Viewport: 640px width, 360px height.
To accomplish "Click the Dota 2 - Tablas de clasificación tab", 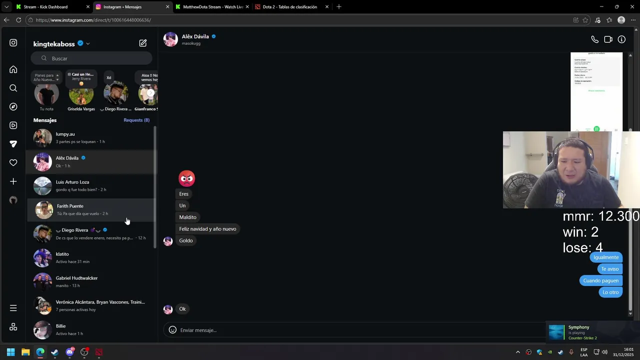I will point(289,7).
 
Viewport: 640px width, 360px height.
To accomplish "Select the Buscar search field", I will point(95,58).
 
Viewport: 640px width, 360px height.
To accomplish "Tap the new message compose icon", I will point(143,43).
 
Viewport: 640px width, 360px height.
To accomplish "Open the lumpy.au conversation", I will point(90,137).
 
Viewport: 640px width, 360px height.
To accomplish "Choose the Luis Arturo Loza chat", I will point(90,185).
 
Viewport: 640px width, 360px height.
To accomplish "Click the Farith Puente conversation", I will point(90,209).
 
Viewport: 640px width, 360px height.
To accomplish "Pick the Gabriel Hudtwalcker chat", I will point(90,281).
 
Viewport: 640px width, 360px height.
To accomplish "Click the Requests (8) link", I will point(136,120).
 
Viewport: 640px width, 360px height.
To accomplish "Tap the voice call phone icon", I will point(594,39).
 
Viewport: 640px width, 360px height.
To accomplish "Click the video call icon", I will point(608,39).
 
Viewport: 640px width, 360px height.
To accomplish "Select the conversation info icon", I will point(621,39).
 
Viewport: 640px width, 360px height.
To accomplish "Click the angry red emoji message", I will point(186,178).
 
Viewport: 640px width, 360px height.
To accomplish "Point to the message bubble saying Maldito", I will point(188,217).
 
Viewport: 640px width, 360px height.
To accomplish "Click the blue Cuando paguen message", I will point(600,281).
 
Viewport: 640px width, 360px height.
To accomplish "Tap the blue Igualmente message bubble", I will point(606,257).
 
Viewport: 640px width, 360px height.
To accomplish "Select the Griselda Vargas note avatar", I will point(81,94).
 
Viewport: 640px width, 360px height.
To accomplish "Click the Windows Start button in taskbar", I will point(10,352).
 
